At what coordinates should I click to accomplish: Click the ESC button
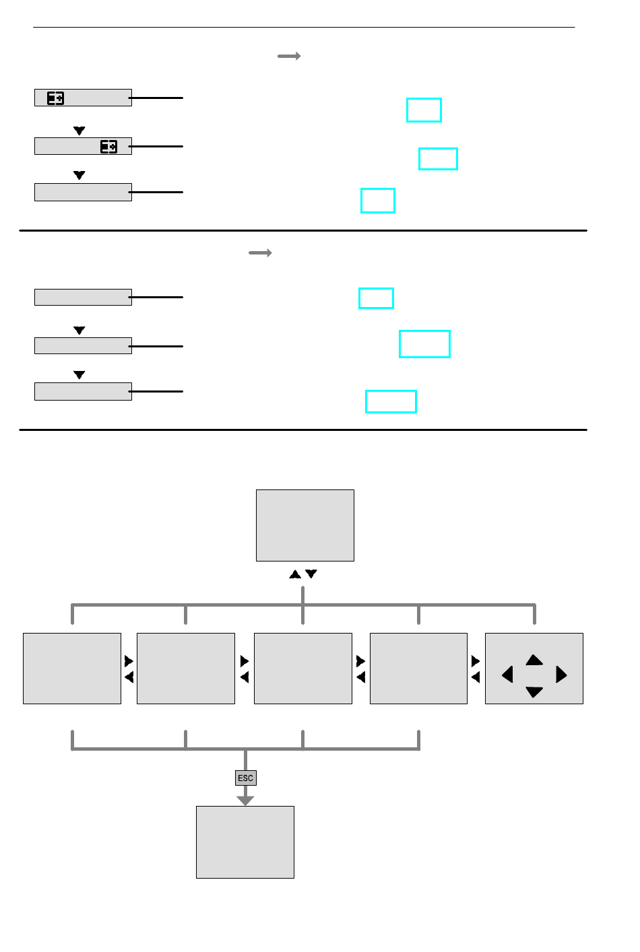click(x=246, y=778)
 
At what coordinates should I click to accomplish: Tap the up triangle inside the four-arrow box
click(x=534, y=660)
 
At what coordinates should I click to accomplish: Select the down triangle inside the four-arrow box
click(x=534, y=691)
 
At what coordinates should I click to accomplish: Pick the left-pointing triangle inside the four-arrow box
click(x=508, y=675)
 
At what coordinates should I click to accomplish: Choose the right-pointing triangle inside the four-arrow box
click(x=561, y=675)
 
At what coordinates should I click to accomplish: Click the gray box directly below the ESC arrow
click(x=245, y=842)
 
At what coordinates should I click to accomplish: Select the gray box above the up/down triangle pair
click(x=305, y=525)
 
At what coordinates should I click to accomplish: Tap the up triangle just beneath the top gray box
click(x=295, y=574)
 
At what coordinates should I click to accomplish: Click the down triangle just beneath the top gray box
click(x=311, y=574)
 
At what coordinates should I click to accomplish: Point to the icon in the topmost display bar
click(x=55, y=98)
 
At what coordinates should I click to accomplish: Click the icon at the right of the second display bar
click(x=108, y=147)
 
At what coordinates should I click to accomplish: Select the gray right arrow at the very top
click(x=289, y=56)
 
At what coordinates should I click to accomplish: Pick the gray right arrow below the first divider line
click(x=260, y=253)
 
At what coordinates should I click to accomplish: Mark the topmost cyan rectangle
click(x=424, y=110)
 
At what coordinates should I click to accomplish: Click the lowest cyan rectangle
click(x=391, y=401)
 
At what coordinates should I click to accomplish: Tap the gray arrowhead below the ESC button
click(x=245, y=801)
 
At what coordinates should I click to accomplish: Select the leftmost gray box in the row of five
click(x=72, y=669)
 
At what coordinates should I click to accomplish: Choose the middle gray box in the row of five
click(x=303, y=669)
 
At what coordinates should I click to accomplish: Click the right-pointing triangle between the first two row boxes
click(x=129, y=661)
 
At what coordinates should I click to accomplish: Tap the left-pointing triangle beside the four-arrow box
click(x=476, y=677)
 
